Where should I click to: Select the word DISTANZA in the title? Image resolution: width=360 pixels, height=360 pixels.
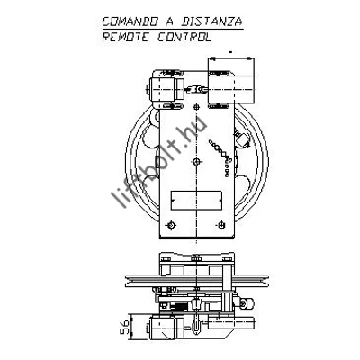point(212,22)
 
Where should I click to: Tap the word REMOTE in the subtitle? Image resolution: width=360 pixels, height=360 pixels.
point(125,37)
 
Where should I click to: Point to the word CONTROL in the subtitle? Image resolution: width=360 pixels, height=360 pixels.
point(184,37)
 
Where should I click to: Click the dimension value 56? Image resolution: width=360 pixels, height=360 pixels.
point(125,327)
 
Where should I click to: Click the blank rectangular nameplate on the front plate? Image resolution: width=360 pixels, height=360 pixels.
point(196,201)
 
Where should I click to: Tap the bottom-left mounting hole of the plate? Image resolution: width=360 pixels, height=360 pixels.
point(171,225)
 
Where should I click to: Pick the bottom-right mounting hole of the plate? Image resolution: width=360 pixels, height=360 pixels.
point(221,224)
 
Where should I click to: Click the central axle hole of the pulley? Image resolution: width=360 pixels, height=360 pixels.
point(196,162)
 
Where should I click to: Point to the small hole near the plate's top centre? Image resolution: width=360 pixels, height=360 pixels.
point(196,106)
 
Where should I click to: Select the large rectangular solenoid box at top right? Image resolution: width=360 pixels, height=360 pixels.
point(231,80)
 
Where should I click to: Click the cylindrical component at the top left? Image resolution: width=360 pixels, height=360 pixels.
point(165,90)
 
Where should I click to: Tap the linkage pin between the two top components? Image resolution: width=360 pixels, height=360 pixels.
point(196,89)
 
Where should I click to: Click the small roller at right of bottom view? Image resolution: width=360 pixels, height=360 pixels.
point(247,303)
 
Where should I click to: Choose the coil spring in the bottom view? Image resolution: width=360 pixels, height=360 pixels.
point(178,307)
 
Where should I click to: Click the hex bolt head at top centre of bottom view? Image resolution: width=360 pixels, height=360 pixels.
point(196,258)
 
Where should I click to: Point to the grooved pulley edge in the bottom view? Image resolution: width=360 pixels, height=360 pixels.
point(196,281)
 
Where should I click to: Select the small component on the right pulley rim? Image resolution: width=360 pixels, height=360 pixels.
point(242,139)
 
